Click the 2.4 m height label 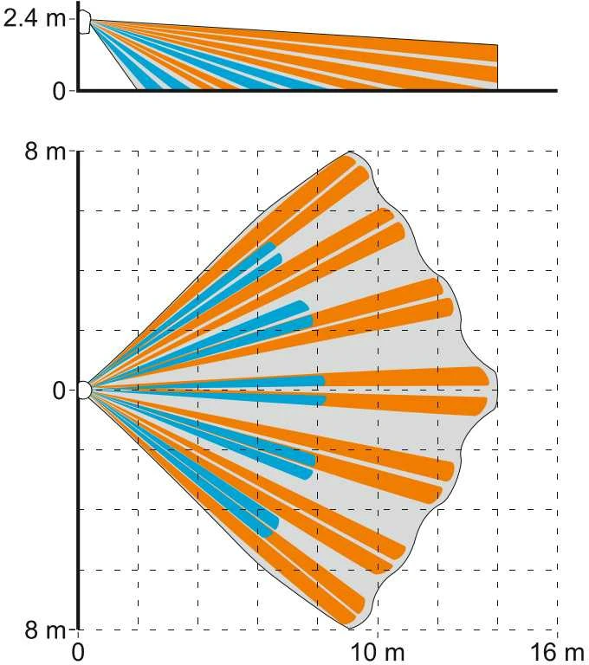tap(34, 19)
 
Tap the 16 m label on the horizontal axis tap(557, 653)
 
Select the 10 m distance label tap(377, 653)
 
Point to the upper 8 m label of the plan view tap(45, 151)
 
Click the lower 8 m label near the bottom tap(45, 630)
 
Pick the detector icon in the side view tap(84, 22)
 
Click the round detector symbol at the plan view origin tap(84, 391)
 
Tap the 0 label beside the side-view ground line tap(60, 91)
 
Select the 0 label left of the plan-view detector tap(60, 391)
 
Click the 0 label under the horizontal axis tap(78, 653)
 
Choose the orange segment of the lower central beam tap(406, 405)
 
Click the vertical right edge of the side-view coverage tap(498, 67)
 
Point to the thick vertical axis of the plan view tap(79, 391)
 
